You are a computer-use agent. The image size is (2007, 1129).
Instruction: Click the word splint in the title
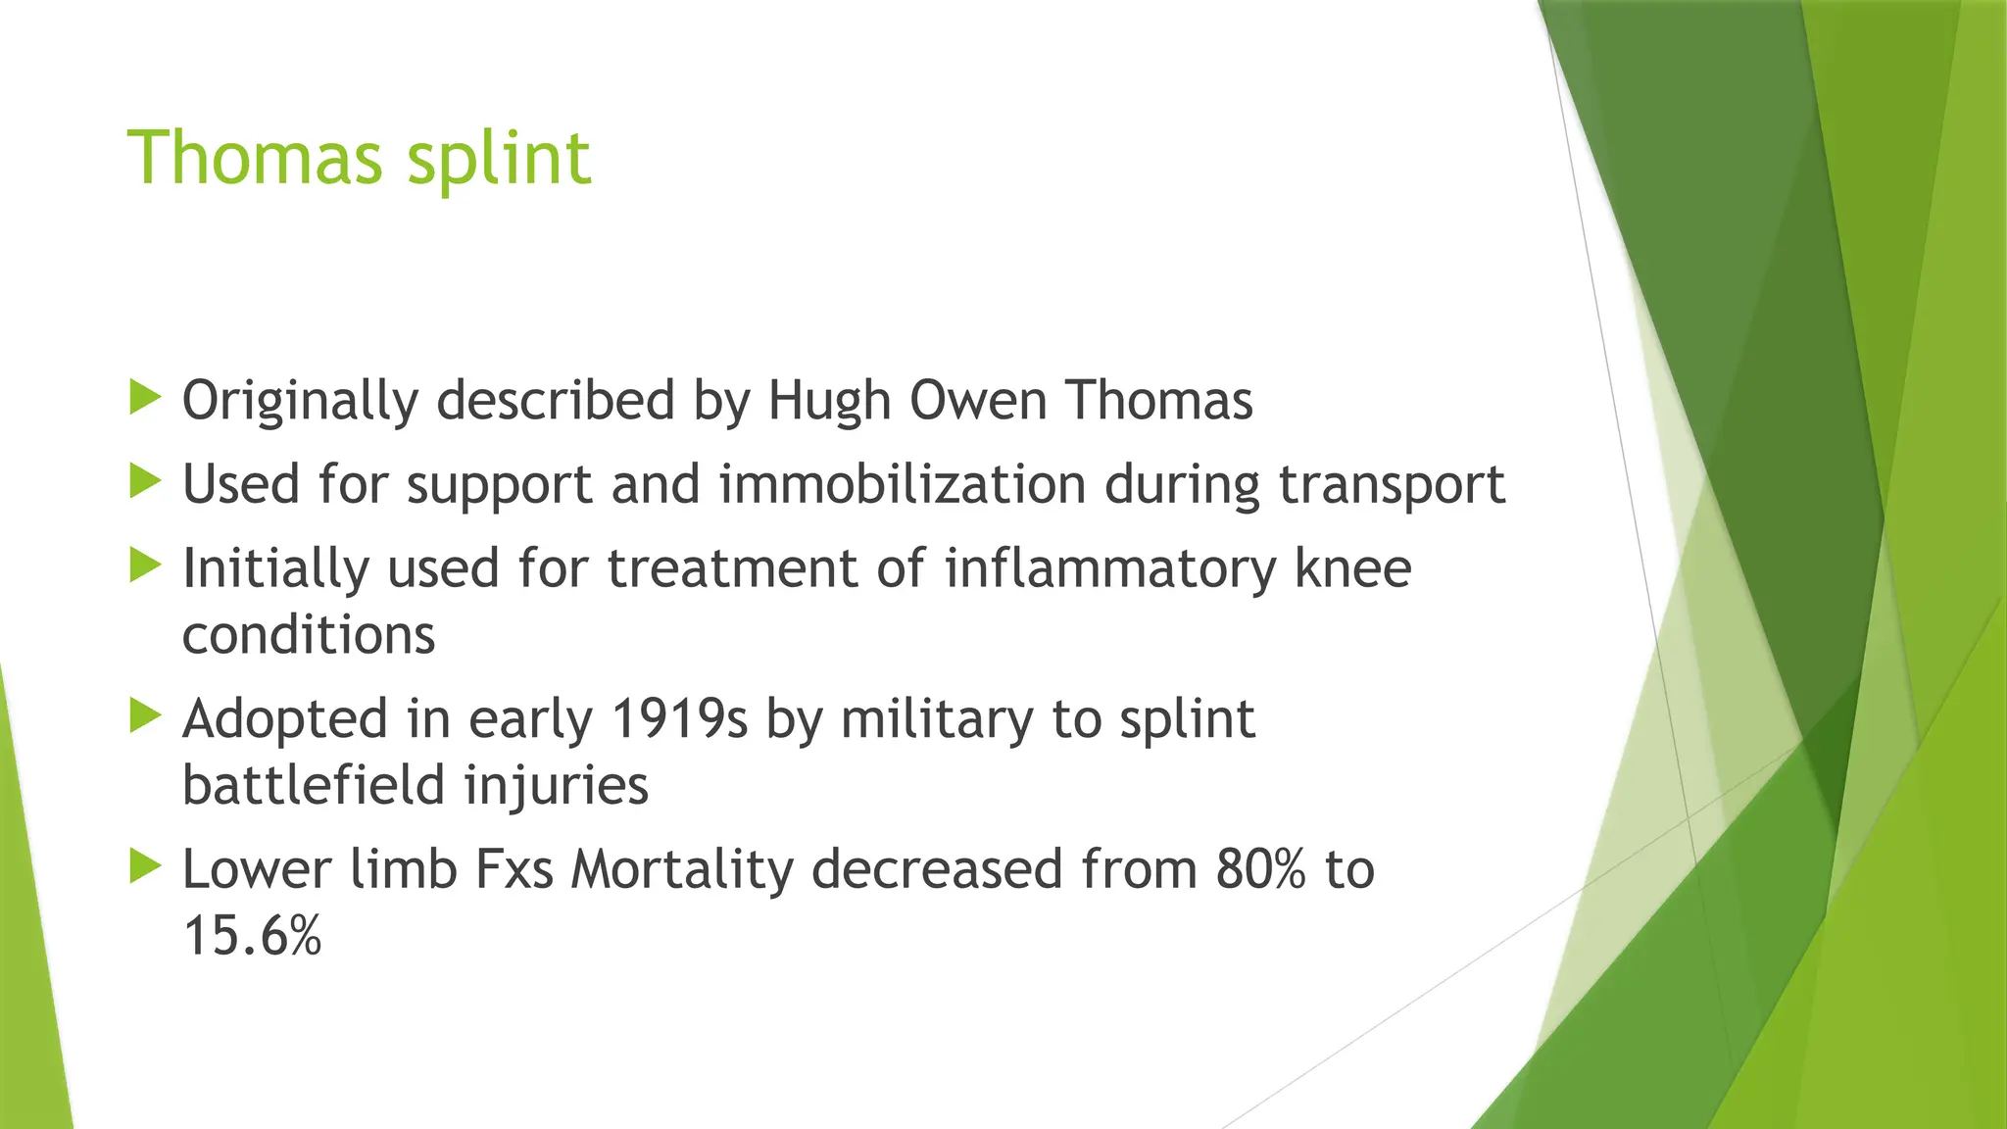499,160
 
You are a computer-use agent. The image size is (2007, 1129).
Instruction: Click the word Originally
300,401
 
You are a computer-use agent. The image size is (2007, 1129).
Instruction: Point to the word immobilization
903,484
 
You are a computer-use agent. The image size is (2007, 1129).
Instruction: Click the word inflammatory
1110,568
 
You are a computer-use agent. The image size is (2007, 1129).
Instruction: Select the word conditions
309,635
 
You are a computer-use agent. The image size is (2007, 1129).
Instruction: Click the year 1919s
679,718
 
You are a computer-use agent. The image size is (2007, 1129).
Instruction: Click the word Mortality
682,869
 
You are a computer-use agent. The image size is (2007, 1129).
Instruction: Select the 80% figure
1261,869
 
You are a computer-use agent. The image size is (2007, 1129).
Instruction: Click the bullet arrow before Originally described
145,398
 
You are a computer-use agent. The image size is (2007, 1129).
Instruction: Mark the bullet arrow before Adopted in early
145,716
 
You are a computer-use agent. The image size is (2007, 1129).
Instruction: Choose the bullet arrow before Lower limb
145,866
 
